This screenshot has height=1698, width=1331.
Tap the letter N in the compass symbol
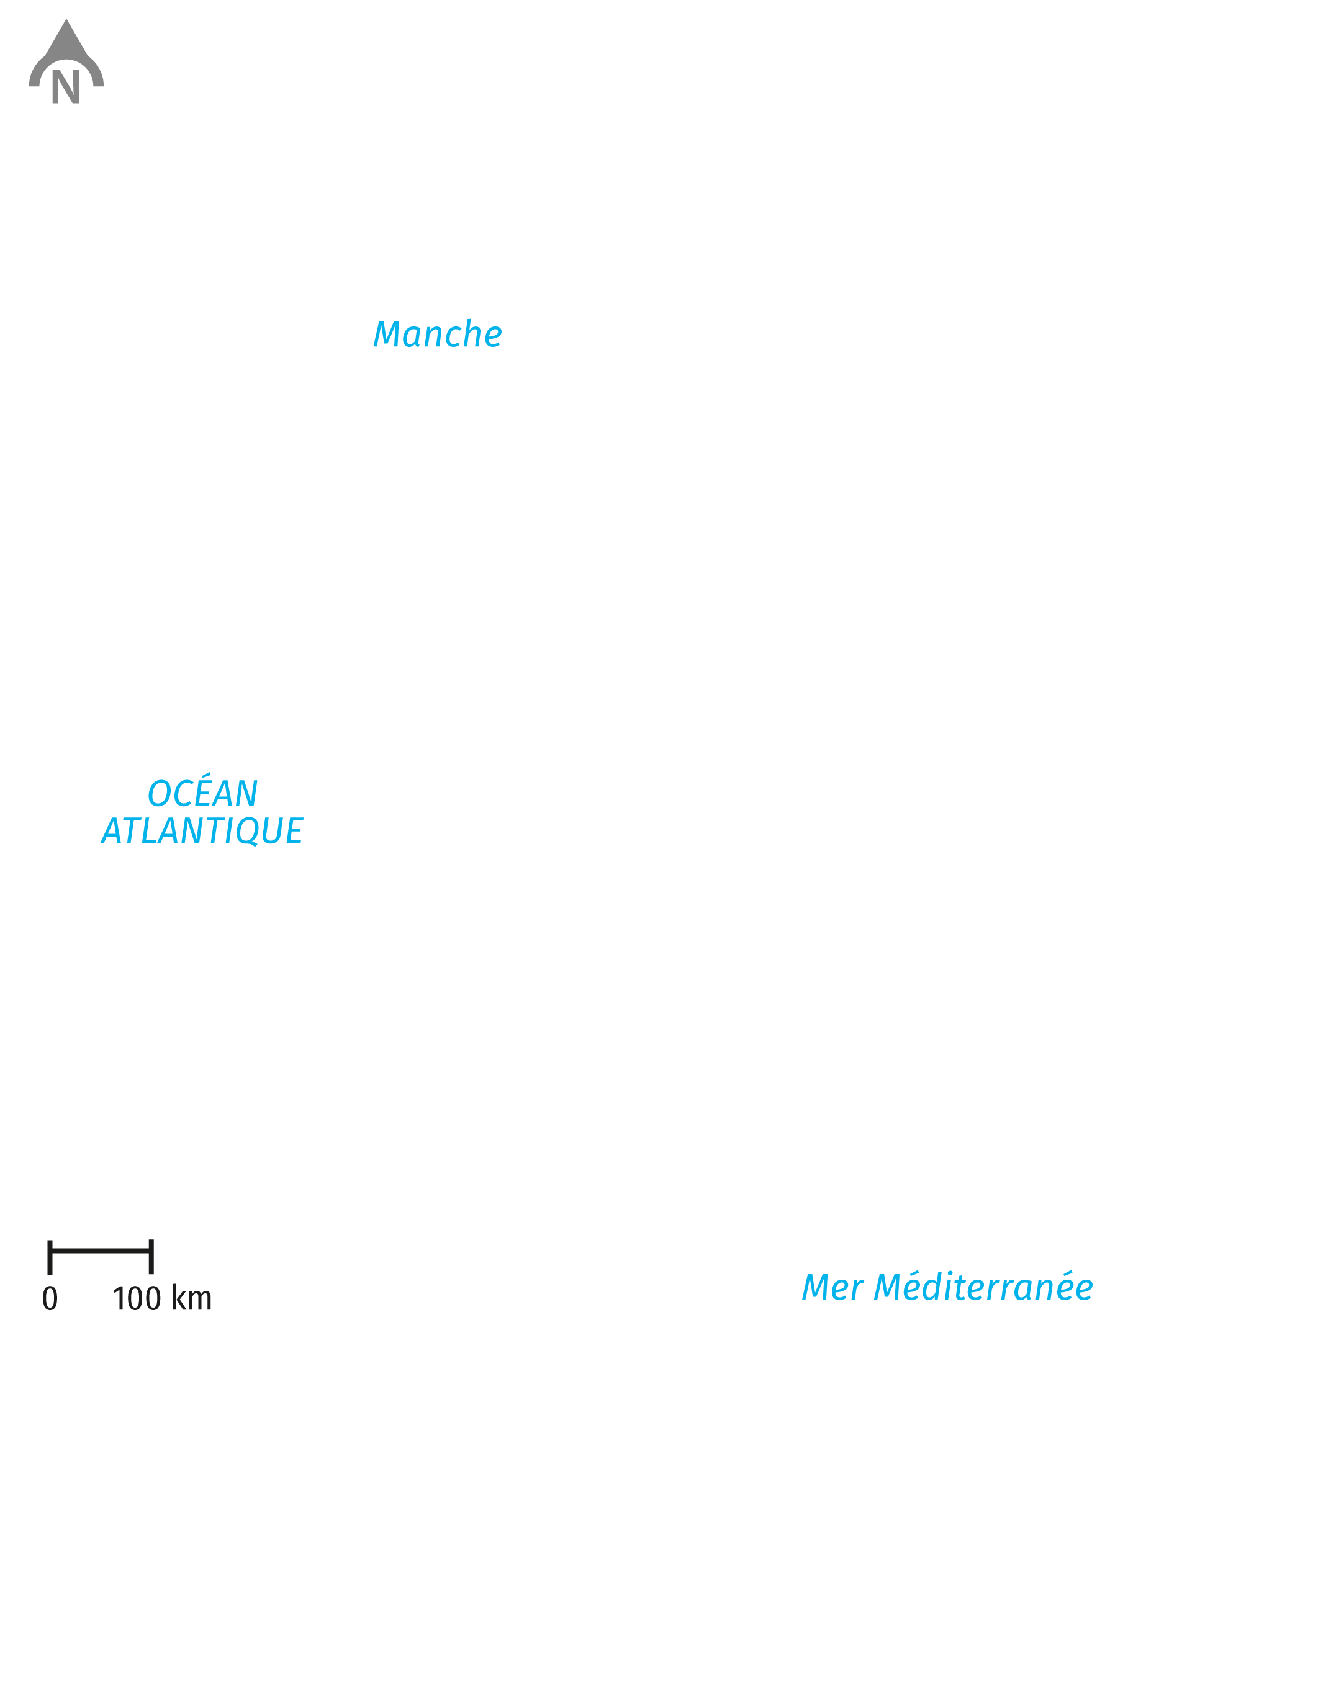(65, 86)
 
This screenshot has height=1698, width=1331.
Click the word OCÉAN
(202, 792)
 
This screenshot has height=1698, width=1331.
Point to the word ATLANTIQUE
(202, 830)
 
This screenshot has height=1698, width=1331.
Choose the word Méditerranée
(983, 1286)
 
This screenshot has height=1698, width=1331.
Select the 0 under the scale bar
(50, 1298)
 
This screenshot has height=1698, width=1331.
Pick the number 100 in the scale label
(137, 1298)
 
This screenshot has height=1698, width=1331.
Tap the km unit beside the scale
(192, 1298)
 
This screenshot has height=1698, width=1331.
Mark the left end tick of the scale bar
(50, 1257)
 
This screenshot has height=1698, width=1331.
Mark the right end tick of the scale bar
(151, 1257)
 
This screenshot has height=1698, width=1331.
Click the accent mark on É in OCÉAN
(207, 776)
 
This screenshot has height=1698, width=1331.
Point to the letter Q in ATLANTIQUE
(251, 832)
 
